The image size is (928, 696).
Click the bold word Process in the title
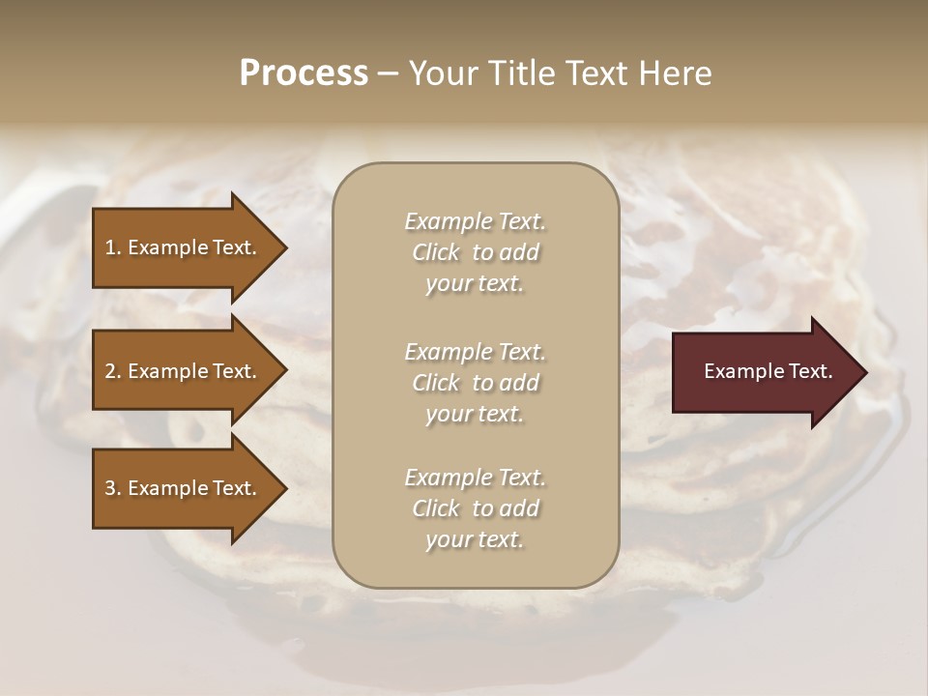coord(304,73)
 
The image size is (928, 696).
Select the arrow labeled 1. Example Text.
coord(184,247)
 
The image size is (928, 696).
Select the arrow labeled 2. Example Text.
coord(184,371)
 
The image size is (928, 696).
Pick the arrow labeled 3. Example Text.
coord(184,488)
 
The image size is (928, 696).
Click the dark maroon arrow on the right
coord(764,371)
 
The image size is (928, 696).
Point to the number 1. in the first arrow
coord(113,247)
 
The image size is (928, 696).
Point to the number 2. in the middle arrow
coord(113,371)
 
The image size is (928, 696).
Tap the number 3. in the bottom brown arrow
coord(113,488)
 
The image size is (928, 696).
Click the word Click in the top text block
coord(436,252)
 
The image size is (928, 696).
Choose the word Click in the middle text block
coord(436,383)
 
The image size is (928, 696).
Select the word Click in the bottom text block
coord(436,508)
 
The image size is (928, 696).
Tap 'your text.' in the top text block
coord(475,283)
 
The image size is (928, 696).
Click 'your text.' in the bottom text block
coord(475,539)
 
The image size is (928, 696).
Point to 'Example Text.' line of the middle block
coord(475,352)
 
